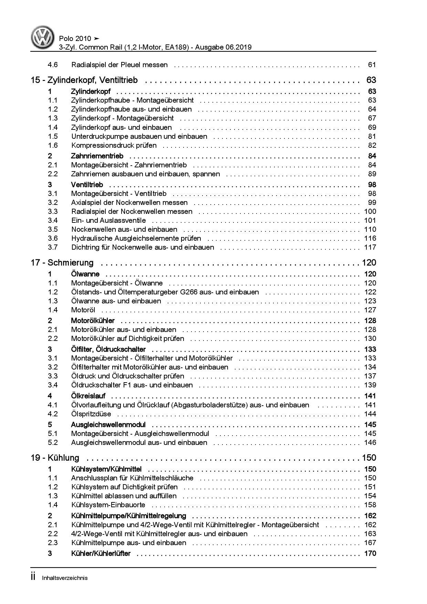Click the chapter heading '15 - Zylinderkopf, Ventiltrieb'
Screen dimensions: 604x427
pos(84,80)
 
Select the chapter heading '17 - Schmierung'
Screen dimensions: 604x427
pos(62,263)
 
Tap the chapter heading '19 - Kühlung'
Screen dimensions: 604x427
pos(55,458)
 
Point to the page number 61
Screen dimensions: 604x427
pos(372,65)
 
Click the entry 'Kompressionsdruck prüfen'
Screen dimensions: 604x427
pos(114,145)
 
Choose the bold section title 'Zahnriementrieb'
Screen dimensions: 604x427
pos(97,156)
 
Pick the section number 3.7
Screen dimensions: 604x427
pos(53,247)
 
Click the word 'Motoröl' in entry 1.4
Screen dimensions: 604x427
pos(83,310)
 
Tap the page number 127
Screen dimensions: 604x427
pos(370,310)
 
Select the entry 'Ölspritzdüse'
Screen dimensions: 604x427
pos(91,414)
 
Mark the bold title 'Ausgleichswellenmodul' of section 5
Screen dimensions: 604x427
pos(108,425)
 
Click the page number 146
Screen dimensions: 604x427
pos(370,442)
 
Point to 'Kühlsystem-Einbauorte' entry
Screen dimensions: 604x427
pos(108,505)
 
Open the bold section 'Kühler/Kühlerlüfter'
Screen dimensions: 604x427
pos(101,554)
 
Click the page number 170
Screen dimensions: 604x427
pos(370,554)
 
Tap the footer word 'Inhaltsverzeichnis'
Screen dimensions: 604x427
pos(65,578)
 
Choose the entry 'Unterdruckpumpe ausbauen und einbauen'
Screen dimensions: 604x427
pos(139,136)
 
